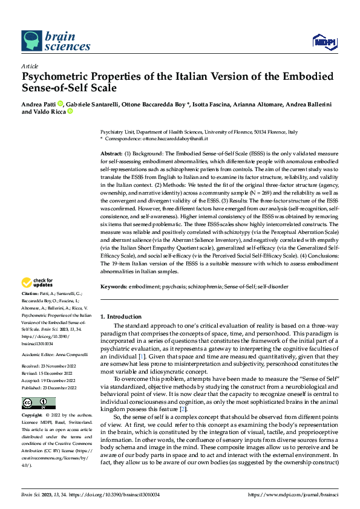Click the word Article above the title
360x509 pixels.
[30, 66]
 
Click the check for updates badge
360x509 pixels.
[38, 282]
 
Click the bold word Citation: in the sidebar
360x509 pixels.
[31, 293]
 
